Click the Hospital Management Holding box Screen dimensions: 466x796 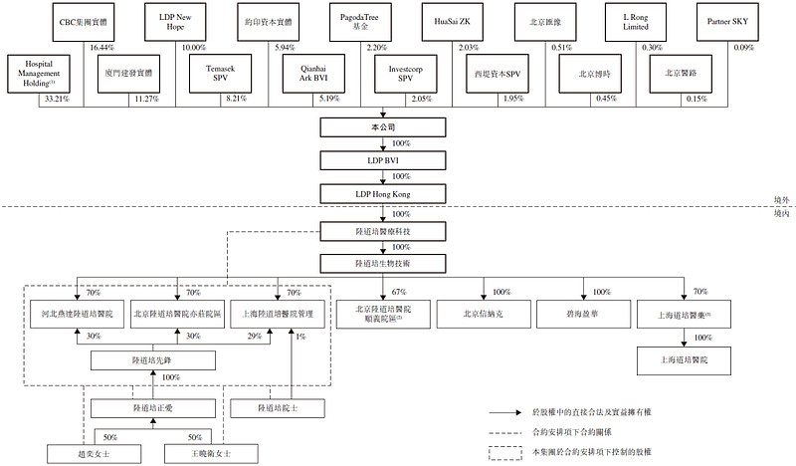(37, 73)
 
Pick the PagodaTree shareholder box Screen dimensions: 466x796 (364, 21)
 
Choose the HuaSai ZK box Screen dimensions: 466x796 (458, 21)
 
